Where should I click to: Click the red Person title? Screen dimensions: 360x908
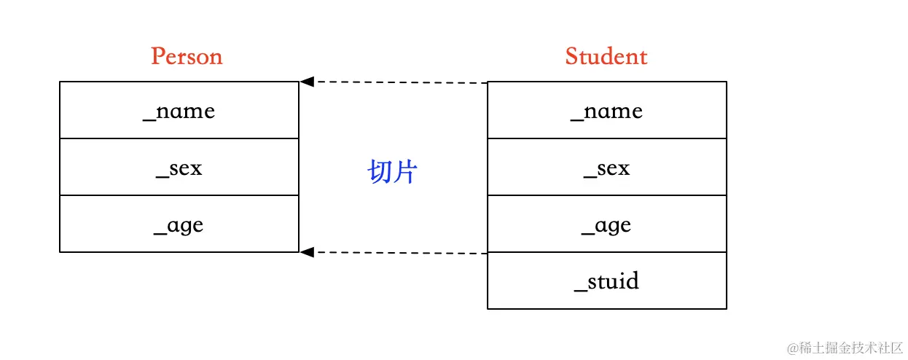[187, 56]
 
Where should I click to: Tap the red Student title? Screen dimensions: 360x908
[606, 56]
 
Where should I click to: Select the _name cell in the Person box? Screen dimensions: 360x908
[179, 110]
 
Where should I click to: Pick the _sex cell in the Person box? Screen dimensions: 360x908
[179, 168]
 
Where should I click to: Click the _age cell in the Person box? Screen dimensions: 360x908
[179, 224]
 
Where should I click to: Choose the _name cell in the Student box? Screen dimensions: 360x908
[606, 110]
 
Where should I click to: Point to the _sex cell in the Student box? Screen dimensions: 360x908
[606, 168]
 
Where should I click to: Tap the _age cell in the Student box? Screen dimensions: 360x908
[606, 224]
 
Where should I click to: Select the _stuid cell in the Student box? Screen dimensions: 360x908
[606, 281]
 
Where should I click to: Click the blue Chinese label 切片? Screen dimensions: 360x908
[393, 172]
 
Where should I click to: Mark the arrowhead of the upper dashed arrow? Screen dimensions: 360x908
[307, 82]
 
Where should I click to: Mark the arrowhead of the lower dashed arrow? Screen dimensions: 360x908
[307, 252]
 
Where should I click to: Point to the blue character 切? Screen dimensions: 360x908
[380, 172]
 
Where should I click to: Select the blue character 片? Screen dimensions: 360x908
[405, 172]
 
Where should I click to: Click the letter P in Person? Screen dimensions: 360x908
[157, 56]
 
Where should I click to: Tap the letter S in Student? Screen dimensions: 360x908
[572, 56]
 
